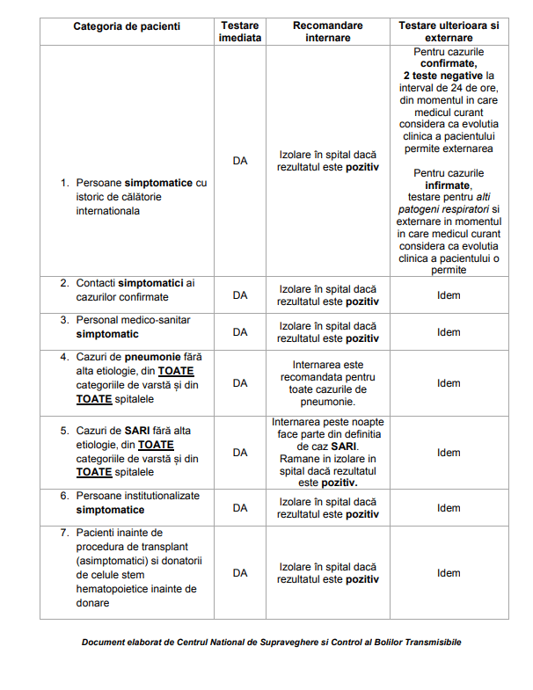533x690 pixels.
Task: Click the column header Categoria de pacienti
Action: (127, 26)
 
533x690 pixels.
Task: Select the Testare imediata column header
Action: (240, 33)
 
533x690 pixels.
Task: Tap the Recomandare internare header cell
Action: (327, 33)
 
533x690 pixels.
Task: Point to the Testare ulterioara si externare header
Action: (449, 33)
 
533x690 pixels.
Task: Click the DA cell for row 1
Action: (240, 161)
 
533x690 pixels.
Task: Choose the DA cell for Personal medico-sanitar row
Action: (240, 332)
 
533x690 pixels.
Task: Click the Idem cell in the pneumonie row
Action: (449, 383)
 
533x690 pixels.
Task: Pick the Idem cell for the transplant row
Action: (449, 573)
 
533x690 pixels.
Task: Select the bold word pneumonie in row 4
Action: (153, 357)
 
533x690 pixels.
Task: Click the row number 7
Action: (64, 533)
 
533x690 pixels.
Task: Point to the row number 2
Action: (64, 283)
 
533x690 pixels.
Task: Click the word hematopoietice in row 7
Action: (113, 589)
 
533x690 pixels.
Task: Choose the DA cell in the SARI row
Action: (240, 453)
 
